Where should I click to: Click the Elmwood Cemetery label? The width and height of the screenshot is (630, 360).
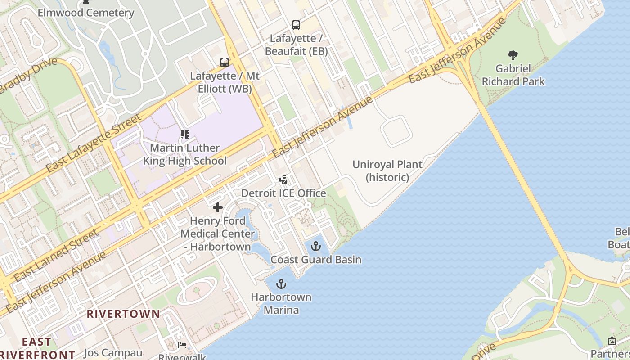point(85,13)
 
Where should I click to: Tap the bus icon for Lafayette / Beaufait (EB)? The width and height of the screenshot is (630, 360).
point(296,25)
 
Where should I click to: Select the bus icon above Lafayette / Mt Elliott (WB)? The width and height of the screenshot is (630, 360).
point(224,63)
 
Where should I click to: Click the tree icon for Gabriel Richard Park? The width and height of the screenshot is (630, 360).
point(513,55)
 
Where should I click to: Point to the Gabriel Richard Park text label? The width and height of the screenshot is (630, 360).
point(513,75)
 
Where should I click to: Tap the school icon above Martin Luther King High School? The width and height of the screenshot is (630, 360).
point(184,134)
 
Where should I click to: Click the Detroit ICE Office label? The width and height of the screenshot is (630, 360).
point(283,193)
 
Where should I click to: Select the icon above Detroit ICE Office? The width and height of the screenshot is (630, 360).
point(283,180)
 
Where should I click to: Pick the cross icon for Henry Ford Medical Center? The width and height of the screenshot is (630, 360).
point(218,207)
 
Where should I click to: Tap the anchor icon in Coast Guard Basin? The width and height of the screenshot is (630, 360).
point(316,246)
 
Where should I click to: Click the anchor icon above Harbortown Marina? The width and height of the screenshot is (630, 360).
point(281,284)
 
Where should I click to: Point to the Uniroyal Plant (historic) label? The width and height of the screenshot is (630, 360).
point(387,171)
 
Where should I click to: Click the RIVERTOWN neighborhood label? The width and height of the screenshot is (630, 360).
point(123,314)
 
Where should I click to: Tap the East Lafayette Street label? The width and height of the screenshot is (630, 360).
point(94,144)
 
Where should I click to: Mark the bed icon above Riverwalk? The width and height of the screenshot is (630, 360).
point(182,345)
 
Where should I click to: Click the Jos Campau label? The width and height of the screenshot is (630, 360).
point(113,353)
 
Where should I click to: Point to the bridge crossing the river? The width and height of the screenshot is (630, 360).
point(522,180)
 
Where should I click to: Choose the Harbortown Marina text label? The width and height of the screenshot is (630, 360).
point(281,303)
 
